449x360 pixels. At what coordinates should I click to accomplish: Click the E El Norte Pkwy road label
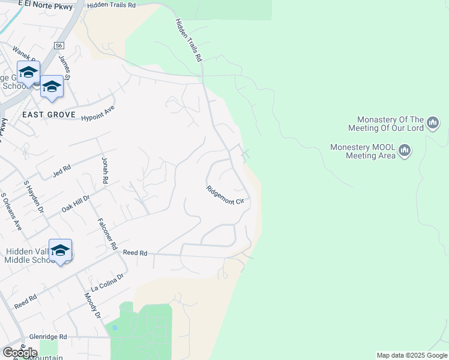[45, 6]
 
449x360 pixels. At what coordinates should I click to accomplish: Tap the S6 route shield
[58, 46]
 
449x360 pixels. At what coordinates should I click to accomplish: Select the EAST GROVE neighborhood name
[49, 115]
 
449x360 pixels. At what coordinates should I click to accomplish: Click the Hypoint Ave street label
[97, 113]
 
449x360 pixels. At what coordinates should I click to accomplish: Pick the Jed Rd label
[62, 170]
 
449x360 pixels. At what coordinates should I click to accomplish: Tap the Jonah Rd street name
[104, 170]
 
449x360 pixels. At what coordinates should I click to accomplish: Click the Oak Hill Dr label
[76, 204]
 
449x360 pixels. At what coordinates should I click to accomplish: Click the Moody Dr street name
[92, 306]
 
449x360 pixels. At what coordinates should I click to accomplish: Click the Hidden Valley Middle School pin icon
[61, 250]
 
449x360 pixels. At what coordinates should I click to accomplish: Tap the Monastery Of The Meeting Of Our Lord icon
[433, 124]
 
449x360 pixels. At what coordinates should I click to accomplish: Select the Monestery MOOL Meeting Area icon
[404, 150]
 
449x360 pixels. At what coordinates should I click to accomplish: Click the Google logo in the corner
[20, 353]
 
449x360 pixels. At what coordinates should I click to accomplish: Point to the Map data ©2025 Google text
[412, 355]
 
